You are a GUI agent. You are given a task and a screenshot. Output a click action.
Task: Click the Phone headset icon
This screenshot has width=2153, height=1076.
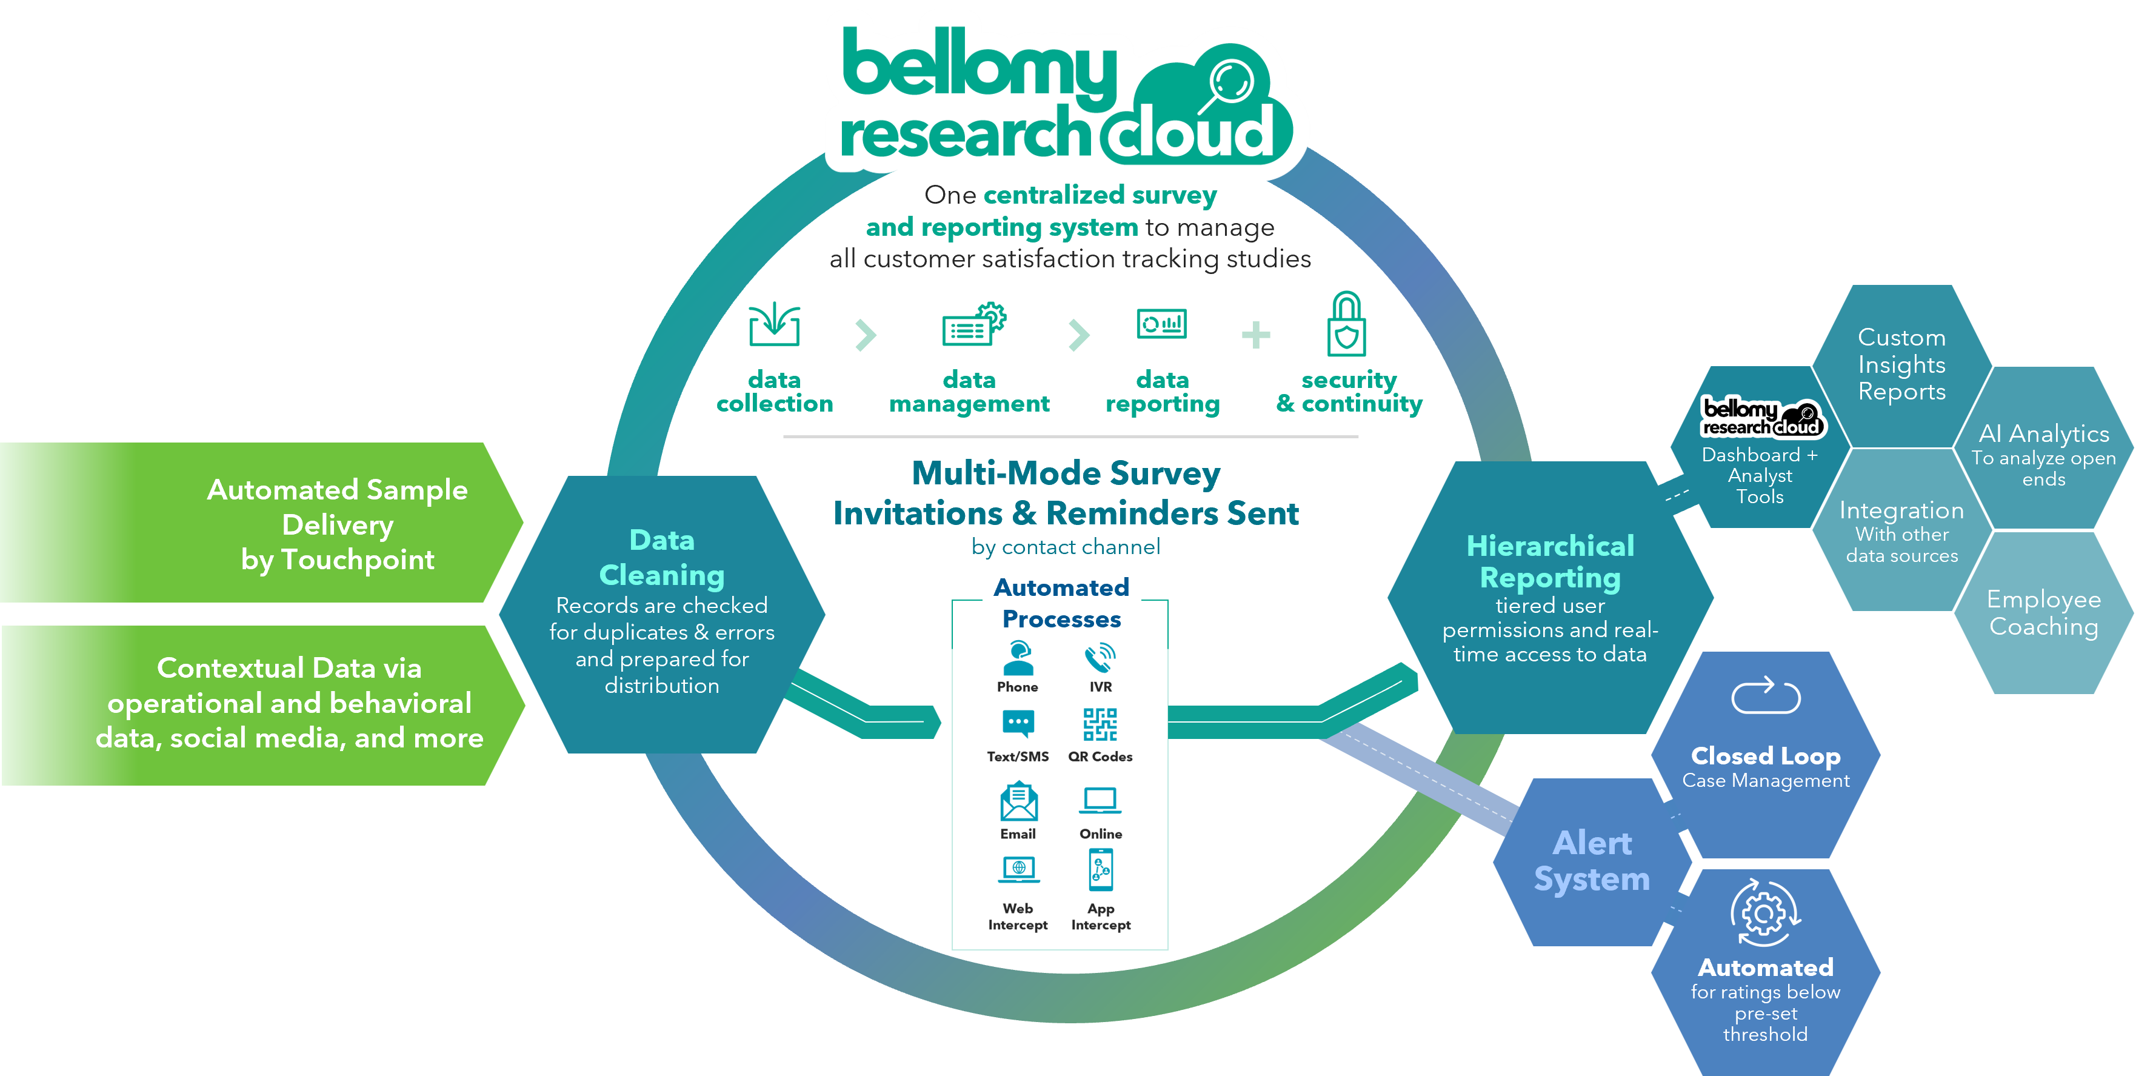point(1018,658)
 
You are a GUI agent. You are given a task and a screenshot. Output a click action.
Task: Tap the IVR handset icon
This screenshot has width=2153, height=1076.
point(1100,658)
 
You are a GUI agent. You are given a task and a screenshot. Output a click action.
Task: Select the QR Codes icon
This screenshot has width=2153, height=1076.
point(1100,724)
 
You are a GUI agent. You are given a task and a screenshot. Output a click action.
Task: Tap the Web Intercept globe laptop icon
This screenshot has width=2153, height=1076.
point(1018,869)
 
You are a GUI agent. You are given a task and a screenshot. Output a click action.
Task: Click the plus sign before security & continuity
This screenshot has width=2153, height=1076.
point(1255,335)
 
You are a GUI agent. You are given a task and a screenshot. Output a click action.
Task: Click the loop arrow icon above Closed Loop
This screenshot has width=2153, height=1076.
point(1765,695)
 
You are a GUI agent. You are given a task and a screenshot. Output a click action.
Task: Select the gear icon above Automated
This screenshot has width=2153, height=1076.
point(1764,913)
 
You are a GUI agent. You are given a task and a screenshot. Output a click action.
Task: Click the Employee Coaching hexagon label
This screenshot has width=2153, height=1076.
point(2043,613)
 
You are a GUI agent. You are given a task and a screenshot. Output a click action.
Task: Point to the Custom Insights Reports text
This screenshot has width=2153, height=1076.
point(1901,364)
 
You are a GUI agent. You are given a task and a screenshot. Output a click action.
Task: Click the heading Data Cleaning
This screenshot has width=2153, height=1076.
point(662,557)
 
